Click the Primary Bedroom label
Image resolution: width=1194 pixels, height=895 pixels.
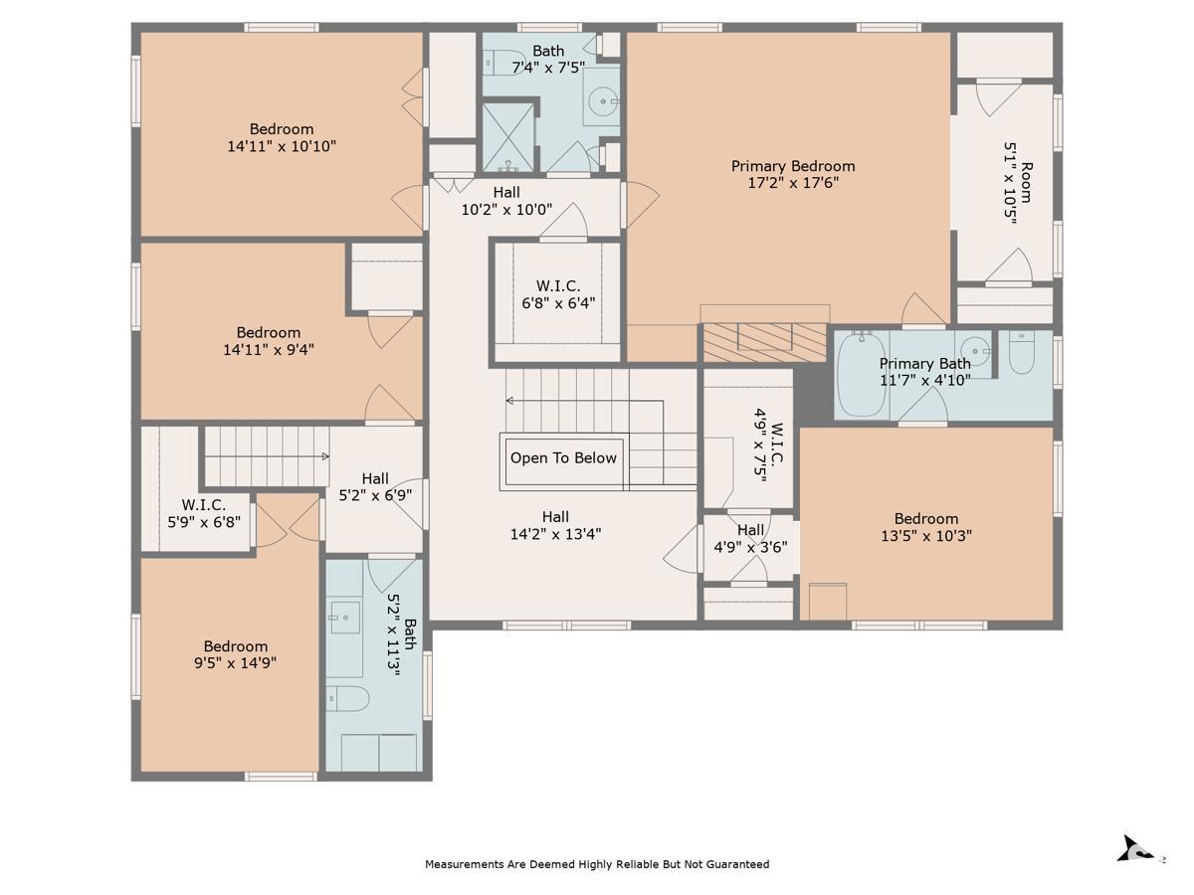click(793, 166)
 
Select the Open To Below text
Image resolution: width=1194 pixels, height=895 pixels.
click(563, 457)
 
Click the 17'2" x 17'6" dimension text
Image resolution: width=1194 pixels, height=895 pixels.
click(793, 183)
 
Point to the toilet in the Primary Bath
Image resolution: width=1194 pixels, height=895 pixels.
click(1021, 353)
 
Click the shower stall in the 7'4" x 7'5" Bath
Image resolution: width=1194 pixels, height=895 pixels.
click(508, 138)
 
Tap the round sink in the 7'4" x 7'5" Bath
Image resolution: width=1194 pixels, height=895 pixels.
click(603, 100)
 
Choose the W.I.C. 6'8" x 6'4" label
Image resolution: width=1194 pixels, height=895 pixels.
click(558, 294)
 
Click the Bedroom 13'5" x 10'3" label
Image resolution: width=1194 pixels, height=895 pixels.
click(925, 527)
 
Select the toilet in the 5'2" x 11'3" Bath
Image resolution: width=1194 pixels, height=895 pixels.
click(347, 698)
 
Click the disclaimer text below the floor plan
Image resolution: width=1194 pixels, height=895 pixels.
click(597, 864)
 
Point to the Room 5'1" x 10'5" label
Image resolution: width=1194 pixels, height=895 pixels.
click(1018, 183)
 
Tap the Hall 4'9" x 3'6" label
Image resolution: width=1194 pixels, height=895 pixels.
click(750, 538)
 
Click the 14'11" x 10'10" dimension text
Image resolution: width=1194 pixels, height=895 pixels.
click(282, 145)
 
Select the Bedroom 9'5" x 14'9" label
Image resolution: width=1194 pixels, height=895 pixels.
click(235, 654)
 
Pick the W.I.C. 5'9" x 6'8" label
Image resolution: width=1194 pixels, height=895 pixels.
click(203, 513)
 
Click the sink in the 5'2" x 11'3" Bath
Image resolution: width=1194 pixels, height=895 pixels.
click(345, 618)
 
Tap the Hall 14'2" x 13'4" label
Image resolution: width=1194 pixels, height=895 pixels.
click(555, 525)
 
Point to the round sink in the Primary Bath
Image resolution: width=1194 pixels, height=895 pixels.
click(974, 350)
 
